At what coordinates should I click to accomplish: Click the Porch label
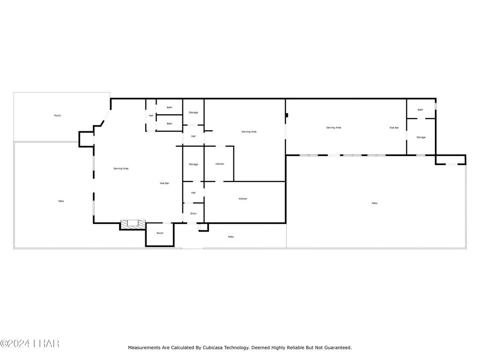57,116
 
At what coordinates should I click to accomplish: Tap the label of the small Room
160,233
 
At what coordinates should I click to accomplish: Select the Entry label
194,214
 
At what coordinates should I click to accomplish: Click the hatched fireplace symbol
133,224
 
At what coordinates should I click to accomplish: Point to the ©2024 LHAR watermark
30,344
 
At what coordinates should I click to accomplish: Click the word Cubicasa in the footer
212,348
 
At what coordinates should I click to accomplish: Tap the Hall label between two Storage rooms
194,136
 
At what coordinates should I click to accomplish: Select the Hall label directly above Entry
194,193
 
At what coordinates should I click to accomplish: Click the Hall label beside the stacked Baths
151,116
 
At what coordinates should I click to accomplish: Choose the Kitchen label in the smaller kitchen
220,164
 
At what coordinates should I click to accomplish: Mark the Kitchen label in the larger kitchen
243,199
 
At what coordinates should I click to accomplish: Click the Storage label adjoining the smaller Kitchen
194,165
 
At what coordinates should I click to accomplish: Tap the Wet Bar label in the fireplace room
165,183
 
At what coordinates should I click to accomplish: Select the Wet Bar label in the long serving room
394,127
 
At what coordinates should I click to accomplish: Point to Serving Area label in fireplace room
121,169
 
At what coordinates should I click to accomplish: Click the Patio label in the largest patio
375,203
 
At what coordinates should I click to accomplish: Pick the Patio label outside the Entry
231,237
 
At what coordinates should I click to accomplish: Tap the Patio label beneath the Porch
61,201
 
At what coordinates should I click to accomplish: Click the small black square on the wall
287,115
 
